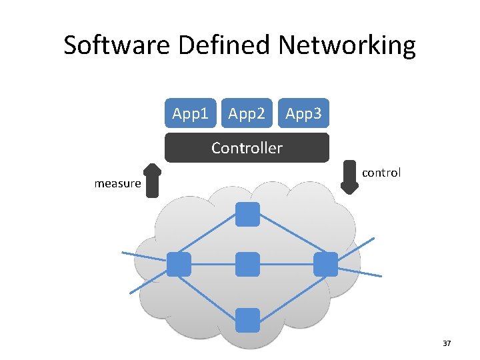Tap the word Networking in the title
(x=347, y=45)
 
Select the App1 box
(x=190, y=113)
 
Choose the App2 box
(x=247, y=113)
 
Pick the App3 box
(x=303, y=113)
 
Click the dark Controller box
(x=247, y=147)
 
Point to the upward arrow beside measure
(x=153, y=181)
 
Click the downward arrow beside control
(x=349, y=177)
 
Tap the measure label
(x=117, y=183)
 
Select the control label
(x=381, y=173)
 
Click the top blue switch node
(x=247, y=214)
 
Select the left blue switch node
(x=179, y=264)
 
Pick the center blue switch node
(x=247, y=264)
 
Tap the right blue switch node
(x=325, y=264)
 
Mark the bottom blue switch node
(x=247, y=319)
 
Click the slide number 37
(x=447, y=343)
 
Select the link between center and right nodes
(x=287, y=264)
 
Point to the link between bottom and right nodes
(x=287, y=292)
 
